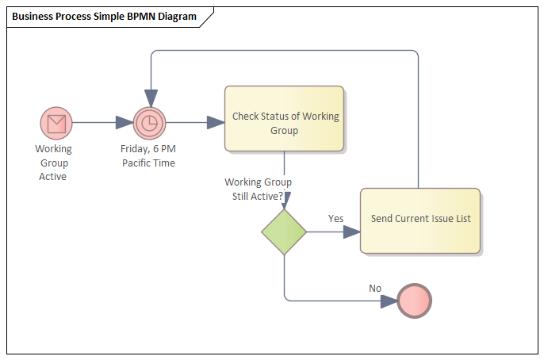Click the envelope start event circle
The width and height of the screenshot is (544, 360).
click(56, 123)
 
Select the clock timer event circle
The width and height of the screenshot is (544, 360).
click(148, 123)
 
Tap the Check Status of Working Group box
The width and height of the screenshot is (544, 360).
click(285, 118)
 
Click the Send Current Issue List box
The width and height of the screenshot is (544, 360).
click(419, 220)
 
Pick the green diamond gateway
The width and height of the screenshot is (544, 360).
click(284, 232)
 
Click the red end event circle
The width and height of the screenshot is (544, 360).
click(415, 301)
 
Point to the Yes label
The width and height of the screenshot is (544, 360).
click(335, 218)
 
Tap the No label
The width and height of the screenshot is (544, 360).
click(375, 288)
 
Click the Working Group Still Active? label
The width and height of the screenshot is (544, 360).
click(258, 189)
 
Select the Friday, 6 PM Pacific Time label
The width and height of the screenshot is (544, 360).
click(148, 155)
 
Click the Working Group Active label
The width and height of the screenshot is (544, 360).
click(53, 163)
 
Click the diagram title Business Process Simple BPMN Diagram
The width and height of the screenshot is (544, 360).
click(105, 17)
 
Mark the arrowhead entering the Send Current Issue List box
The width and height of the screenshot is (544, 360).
click(351, 232)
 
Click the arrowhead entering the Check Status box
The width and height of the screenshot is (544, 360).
click(215, 123)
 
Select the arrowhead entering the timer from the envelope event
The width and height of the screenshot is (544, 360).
click(125, 123)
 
